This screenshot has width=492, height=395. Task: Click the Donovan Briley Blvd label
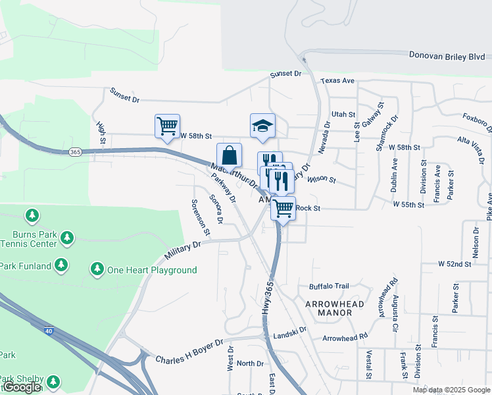(447, 57)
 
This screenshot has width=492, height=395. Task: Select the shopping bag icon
(229, 156)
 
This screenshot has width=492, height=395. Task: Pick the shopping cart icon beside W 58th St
(167, 124)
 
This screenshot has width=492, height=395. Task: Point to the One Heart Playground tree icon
(97, 269)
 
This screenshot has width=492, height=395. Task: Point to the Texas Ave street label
(338, 81)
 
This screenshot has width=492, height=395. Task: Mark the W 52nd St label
(455, 264)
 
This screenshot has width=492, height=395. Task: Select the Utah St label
(343, 115)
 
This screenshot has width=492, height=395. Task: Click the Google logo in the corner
(22, 387)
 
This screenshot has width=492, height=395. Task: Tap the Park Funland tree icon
(61, 265)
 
